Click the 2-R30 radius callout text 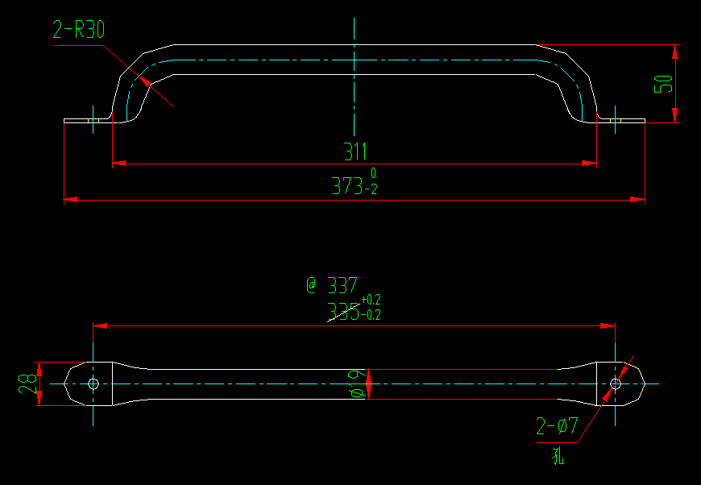79,31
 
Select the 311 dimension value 355,151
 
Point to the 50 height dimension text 662,83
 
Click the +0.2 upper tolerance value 371,301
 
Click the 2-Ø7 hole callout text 557,426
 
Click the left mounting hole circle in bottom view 93,383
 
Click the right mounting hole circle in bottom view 616,383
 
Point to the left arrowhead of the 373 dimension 70,198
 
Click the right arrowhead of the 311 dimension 590,164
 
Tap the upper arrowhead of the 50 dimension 675,52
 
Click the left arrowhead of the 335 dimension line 100,325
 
